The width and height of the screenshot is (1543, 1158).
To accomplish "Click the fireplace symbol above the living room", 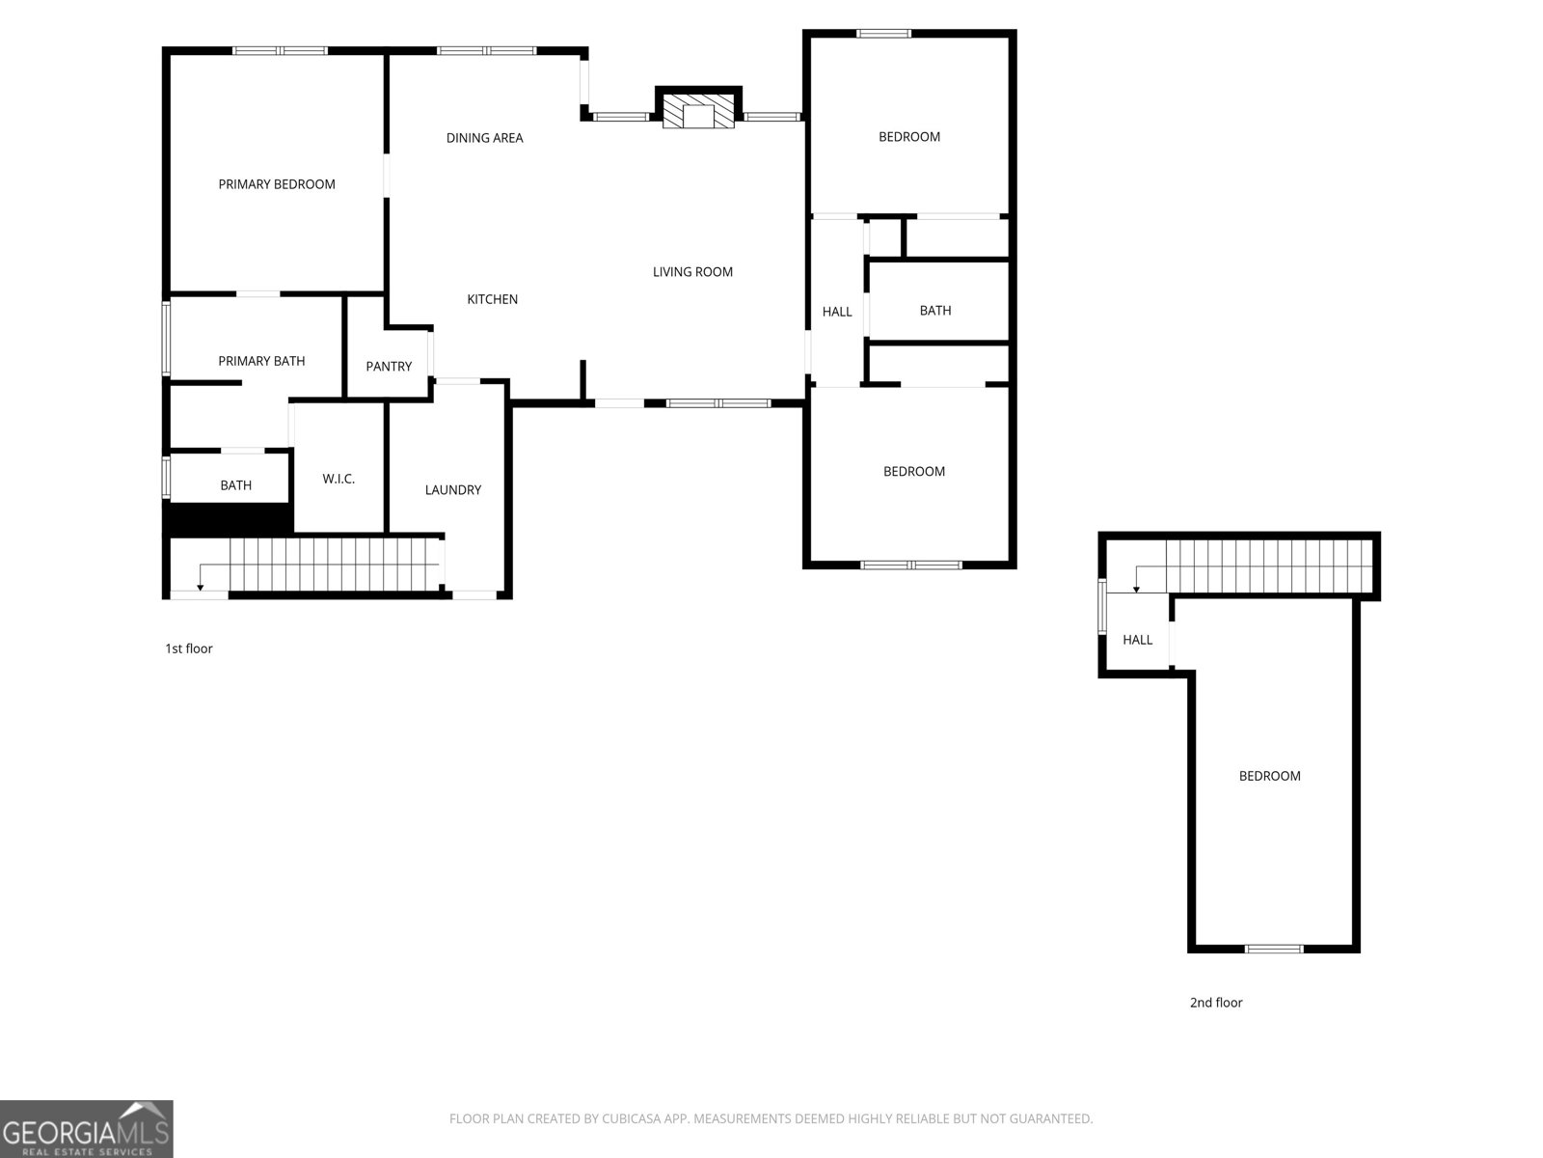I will click(698, 109).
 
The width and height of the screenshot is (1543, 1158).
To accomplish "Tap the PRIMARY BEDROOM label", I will click(277, 184).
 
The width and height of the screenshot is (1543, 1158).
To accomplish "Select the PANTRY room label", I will click(389, 367).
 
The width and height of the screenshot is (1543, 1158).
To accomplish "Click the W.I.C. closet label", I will click(338, 479).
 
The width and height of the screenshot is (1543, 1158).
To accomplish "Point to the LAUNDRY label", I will click(452, 490).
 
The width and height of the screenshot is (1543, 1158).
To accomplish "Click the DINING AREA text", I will click(484, 138).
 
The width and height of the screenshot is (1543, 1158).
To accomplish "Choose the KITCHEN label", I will click(492, 300).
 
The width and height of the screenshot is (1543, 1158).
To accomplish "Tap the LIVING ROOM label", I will click(692, 272).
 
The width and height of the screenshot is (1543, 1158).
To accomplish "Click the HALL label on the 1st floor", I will click(837, 312).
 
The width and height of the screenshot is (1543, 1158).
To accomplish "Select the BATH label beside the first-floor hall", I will click(934, 311).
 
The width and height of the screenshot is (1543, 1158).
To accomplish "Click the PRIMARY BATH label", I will click(261, 361).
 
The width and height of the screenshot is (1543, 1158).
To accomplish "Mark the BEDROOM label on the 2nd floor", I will click(1269, 776).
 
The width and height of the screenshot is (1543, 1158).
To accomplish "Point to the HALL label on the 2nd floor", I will click(1137, 640).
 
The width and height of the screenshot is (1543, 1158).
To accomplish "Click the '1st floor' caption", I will click(189, 648).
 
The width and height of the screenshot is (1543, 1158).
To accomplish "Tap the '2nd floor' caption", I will click(1216, 1003).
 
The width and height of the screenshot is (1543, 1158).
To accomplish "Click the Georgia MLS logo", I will click(87, 1129).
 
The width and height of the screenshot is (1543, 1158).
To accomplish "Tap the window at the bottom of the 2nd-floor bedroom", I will click(1274, 949).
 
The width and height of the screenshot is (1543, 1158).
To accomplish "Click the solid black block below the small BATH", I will click(229, 518).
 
